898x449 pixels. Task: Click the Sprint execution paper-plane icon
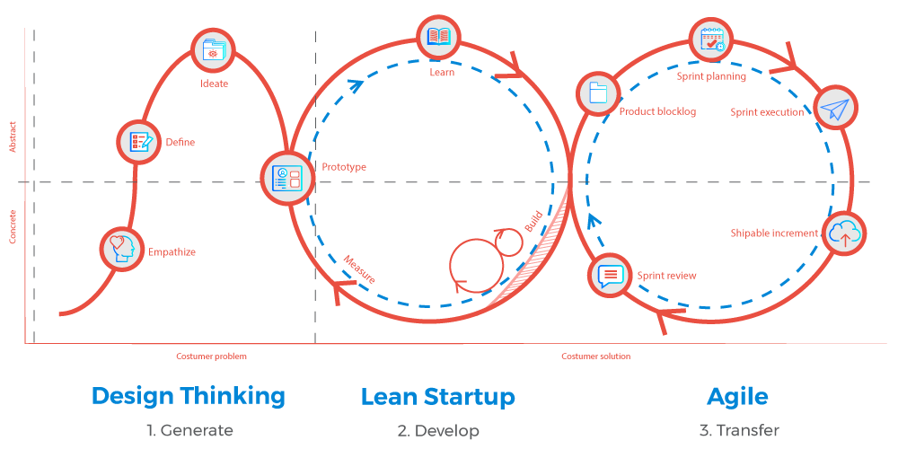pyautogui.click(x=834, y=110)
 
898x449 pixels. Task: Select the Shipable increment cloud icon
pyautogui.click(x=843, y=233)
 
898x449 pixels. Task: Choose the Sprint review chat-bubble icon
pyautogui.click(x=610, y=275)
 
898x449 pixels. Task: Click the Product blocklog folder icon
pyautogui.click(x=596, y=93)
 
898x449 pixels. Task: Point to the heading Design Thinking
pyautogui.click(x=189, y=396)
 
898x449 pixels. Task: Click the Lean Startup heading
pyautogui.click(x=438, y=396)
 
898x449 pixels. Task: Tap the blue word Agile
pyautogui.click(x=737, y=396)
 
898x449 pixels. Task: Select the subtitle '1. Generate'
pyautogui.click(x=189, y=431)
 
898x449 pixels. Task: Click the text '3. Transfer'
pyautogui.click(x=739, y=431)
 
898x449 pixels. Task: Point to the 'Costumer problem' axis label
pyautogui.click(x=211, y=357)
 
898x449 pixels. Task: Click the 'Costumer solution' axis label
pyautogui.click(x=596, y=357)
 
